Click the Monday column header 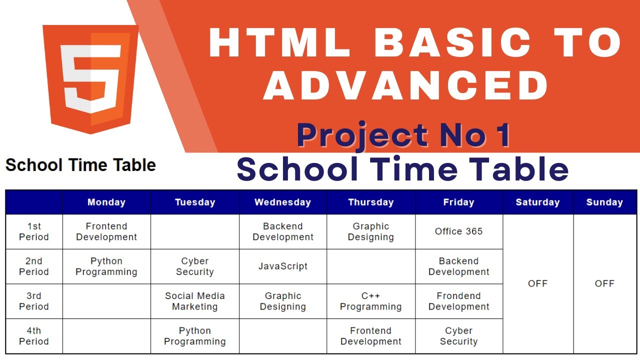point(106,202)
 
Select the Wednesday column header point(282,202)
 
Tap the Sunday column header point(604,202)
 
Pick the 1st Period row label point(34,231)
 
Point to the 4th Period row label point(34,336)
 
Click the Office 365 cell point(458,231)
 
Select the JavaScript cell point(282,266)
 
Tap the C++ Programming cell point(370,301)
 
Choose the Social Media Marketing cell point(194,301)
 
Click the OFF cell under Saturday point(537,283)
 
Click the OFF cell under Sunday point(604,283)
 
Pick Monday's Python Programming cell point(106,266)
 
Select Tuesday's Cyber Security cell point(194,266)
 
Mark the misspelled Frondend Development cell point(458,301)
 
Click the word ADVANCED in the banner point(406,85)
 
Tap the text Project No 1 point(403,135)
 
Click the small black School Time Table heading point(80,165)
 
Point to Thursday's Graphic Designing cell point(370,231)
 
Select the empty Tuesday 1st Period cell point(194,231)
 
